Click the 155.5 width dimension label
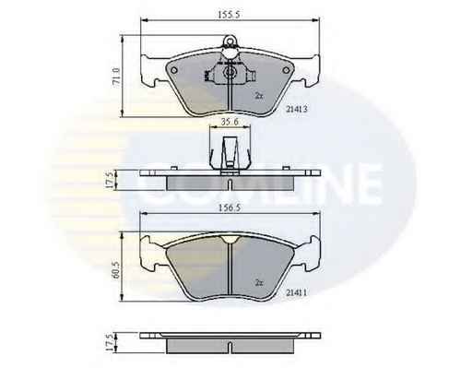229,15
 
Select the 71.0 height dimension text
116,77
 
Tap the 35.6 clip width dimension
230,122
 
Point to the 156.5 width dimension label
229,208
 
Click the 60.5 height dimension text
116,270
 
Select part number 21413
297,109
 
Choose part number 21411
297,293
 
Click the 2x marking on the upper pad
259,96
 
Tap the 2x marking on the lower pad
259,283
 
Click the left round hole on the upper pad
173,70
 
